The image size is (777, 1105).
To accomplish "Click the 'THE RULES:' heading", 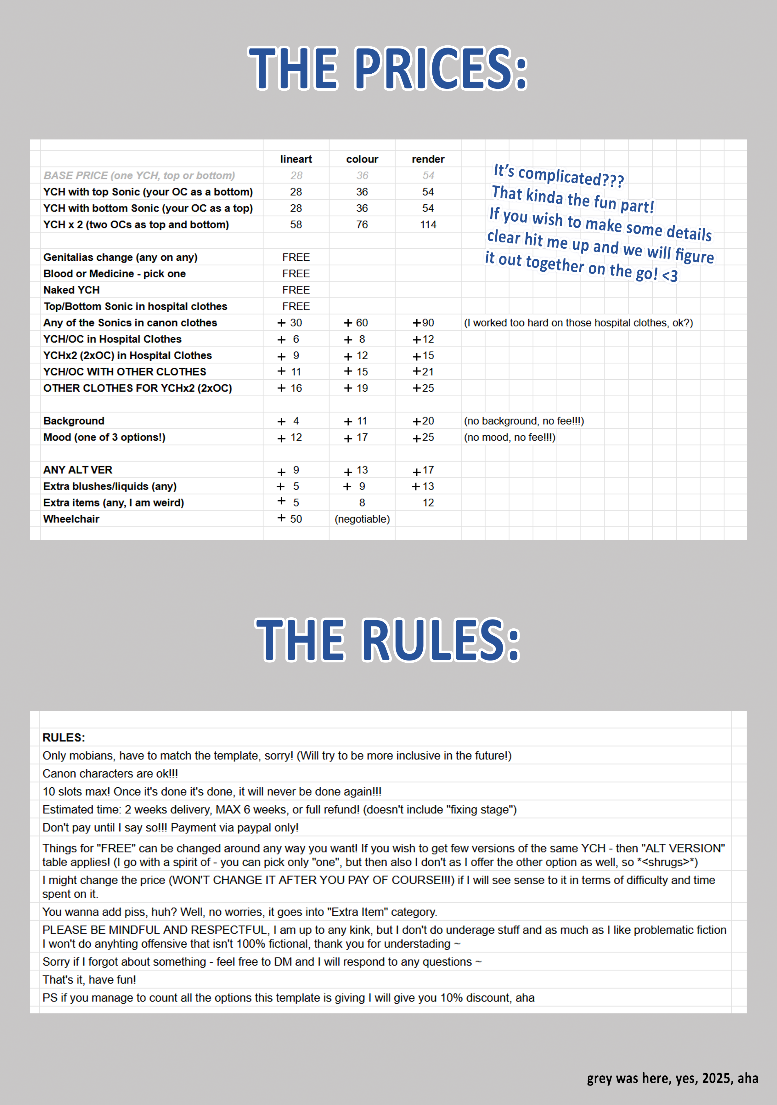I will tap(388, 640).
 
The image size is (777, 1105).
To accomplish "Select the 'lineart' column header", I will tap(296, 159).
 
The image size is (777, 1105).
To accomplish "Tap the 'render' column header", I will tap(428, 159).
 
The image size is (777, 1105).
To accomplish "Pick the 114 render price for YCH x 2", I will tap(428, 225).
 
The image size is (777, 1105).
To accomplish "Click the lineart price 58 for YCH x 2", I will tap(296, 225).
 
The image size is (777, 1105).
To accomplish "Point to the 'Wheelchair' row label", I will tap(71, 519).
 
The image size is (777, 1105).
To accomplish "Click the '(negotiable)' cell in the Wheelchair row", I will tap(362, 519).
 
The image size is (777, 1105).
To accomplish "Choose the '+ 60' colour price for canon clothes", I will tap(356, 323).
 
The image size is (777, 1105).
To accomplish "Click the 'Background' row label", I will tap(74, 421).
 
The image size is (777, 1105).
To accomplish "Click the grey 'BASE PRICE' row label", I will tap(139, 176).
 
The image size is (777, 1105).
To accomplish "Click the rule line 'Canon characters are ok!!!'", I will tap(110, 774).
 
